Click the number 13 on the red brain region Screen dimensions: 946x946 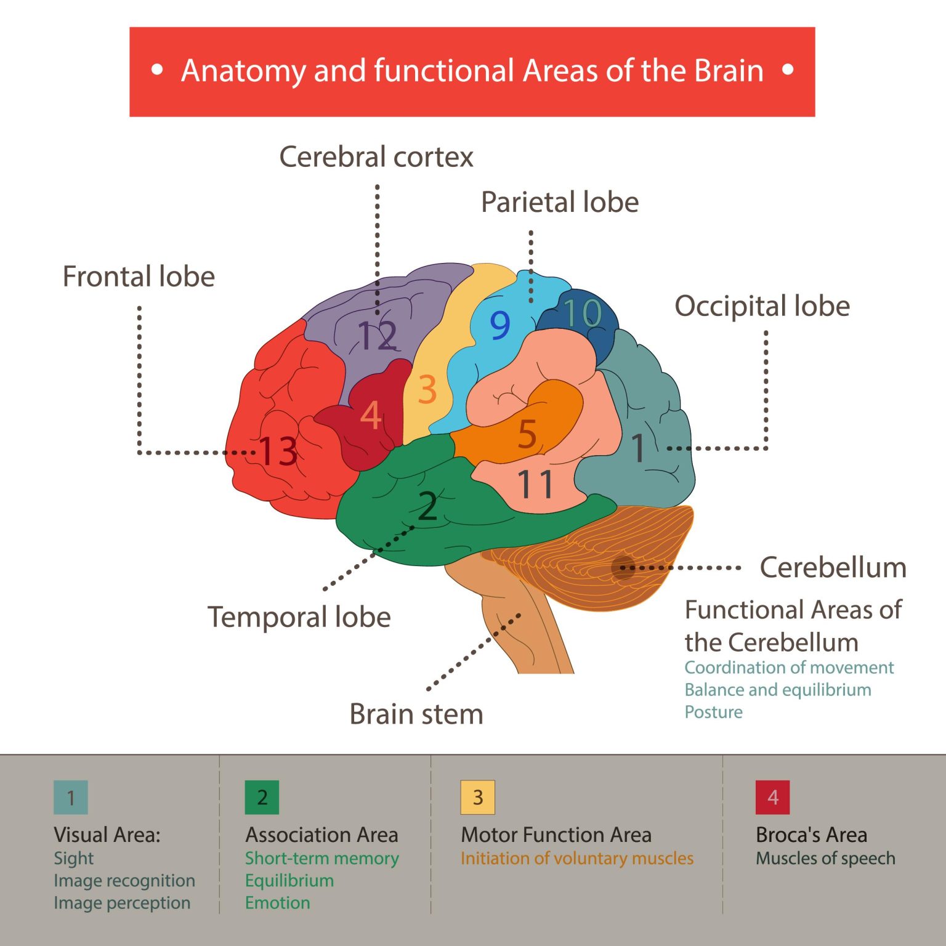pos(278,451)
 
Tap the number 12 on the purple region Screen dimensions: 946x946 pos(377,336)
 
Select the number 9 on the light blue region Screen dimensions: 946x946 pos(499,325)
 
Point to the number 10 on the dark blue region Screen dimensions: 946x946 pos(582,313)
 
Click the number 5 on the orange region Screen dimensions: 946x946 pos(527,434)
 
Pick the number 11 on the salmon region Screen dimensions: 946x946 pos(535,484)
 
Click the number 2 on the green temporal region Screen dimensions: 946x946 pos(427,506)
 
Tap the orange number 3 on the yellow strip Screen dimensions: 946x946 pos(427,390)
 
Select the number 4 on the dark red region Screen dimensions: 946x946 pos(371,416)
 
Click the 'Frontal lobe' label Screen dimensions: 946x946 pos(139,277)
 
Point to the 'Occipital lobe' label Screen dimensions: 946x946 pos(762,306)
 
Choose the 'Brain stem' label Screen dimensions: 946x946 pos(416,714)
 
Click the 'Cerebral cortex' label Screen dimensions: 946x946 pos(376,157)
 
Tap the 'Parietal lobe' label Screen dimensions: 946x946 pos(559,203)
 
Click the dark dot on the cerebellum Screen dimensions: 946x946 pos(623,567)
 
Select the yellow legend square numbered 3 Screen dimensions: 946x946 pos(477,798)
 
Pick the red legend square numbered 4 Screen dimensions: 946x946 pos(772,798)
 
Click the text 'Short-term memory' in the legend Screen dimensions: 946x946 pos(321,858)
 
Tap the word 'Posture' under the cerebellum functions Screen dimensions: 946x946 pos(713,712)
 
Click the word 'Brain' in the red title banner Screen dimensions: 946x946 pos(729,71)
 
